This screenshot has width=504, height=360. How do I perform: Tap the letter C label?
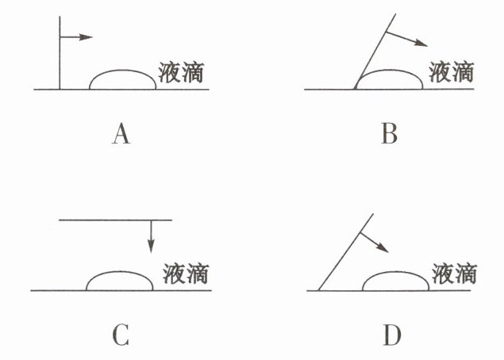(121, 335)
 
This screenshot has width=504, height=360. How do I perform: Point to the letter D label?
(391, 335)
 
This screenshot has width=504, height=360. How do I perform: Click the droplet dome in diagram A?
(122, 79)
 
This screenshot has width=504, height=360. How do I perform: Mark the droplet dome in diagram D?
(395, 281)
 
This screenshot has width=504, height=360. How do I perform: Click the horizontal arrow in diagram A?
(77, 36)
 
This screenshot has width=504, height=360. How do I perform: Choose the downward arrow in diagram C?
(151, 236)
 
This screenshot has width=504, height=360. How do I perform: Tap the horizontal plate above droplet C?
(115, 220)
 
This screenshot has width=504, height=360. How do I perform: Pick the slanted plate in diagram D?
(345, 252)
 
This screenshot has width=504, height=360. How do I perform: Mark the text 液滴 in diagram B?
(452, 72)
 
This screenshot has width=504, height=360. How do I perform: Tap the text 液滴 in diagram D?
(455, 274)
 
